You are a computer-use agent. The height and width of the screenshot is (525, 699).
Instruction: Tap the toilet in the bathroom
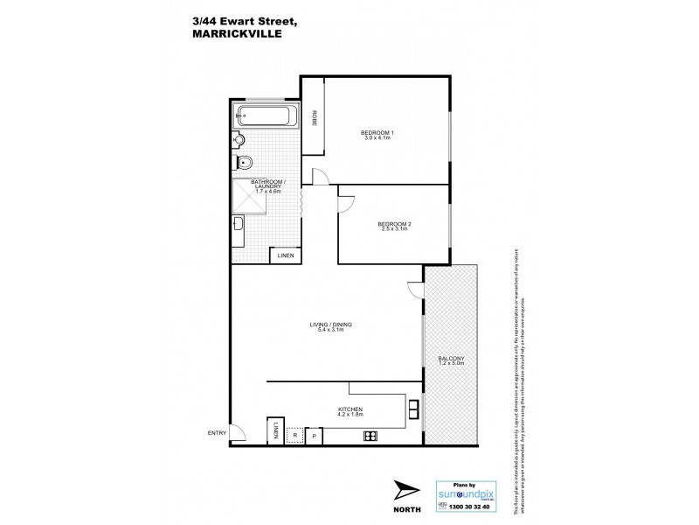[247, 163]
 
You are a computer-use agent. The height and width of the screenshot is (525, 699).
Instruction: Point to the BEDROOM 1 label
[377, 132]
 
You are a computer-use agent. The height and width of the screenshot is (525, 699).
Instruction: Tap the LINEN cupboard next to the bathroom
[285, 255]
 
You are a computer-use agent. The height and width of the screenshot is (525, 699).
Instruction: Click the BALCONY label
[451, 359]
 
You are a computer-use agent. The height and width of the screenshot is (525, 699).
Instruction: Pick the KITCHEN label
[349, 409]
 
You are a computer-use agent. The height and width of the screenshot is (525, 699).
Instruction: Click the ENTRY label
[216, 432]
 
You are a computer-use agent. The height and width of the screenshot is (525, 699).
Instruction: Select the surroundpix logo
[466, 493]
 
